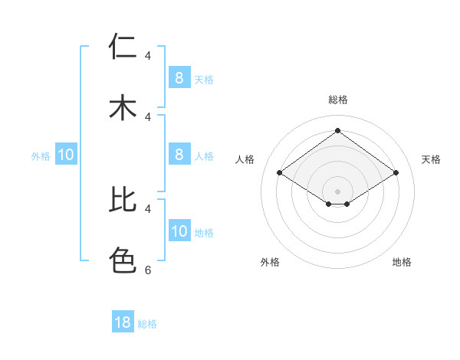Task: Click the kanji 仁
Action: (123, 47)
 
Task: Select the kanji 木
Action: (123, 107)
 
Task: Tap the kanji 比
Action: (123, 199)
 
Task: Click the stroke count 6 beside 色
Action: (148, 270)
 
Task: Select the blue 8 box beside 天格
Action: (179, 77)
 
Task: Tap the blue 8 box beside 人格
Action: (179, 154)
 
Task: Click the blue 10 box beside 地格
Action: (179, 231)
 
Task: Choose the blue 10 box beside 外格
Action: (66, 155)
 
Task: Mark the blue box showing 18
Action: (123, 322)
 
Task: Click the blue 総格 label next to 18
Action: (147, 324)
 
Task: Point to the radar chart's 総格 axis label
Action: (337, 100)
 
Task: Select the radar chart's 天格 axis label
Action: (431, 159)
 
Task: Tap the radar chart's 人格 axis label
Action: (245, 159)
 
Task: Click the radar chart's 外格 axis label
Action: (270, 262)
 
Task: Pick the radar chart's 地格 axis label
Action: (402, 262)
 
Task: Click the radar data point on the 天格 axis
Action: (396, 173)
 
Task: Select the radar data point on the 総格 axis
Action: (337, 131)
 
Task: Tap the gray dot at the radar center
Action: (337, 191)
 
